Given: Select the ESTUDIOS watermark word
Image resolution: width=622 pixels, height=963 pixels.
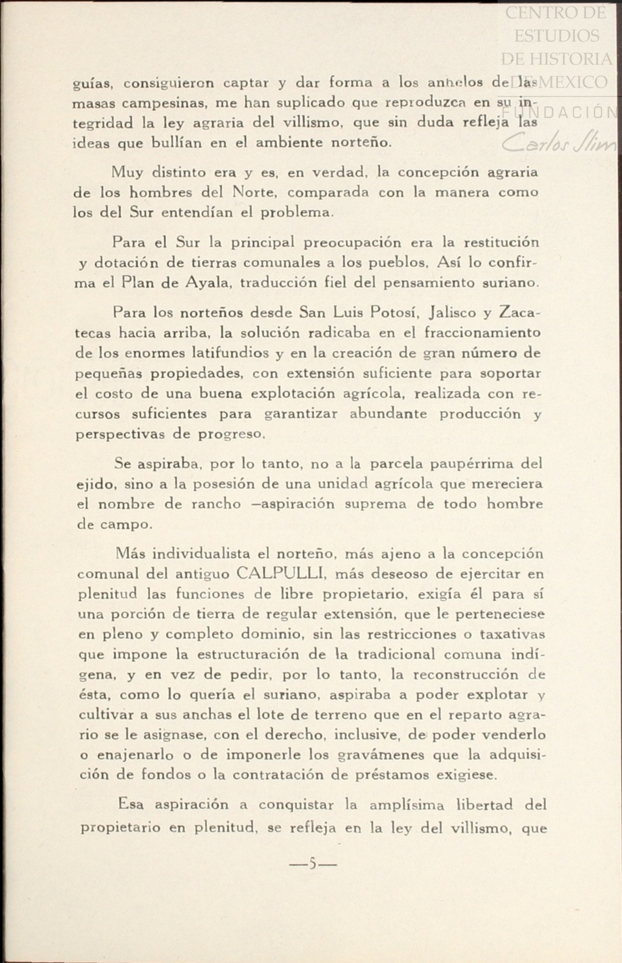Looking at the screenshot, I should (557, 36).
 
